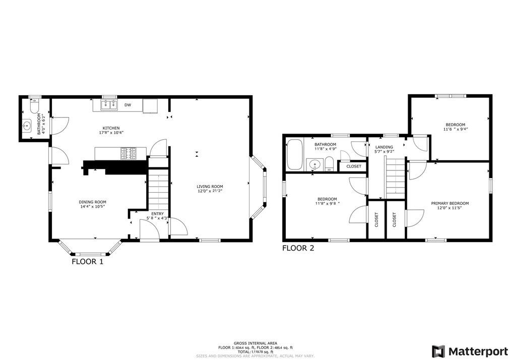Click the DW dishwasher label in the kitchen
[128, 105]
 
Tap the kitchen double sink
[109, 105]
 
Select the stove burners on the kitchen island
[128, 153]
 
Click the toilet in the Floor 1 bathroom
[34, 107]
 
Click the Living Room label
[210, 187]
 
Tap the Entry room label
[158, 214]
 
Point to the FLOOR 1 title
[87, 262]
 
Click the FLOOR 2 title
[298, 248]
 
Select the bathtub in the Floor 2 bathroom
[294, 155]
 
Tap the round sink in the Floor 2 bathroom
[315, 164]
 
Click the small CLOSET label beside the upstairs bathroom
[353, 166]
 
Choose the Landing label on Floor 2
[384, 146]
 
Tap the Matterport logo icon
[437, 350]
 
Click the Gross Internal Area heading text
[255, 343]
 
